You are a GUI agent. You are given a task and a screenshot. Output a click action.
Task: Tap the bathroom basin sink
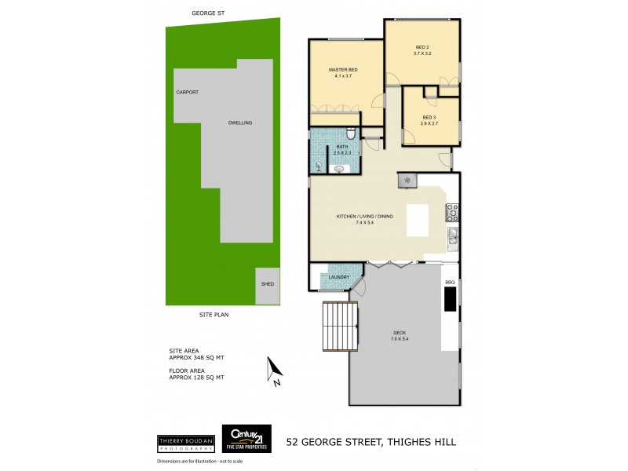tap(339, 168)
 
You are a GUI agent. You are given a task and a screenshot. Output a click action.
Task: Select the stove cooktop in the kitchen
tap(452, 212)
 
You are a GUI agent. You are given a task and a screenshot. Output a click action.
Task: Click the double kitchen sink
tap(452, 236)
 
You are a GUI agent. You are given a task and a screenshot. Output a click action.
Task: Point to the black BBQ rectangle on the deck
tap(450, 299)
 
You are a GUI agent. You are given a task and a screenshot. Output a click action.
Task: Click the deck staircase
tap(340, 325)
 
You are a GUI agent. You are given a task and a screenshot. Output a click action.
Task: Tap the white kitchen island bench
tap(417, 220)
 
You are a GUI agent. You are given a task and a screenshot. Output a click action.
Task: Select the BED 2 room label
tap(423, 47)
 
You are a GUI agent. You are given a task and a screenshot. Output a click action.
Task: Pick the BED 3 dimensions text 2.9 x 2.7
tap(428, 124)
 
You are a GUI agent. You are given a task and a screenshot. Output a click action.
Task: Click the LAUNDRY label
tap(339, 276)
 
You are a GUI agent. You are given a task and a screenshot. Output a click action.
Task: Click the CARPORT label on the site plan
tap(187, 93)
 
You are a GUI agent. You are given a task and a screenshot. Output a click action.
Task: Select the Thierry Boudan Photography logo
tap(186, 443)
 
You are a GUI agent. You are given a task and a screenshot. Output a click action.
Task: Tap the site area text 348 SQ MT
tap(197, 357)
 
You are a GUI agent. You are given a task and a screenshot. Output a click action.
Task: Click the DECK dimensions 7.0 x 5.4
tap(400, 338)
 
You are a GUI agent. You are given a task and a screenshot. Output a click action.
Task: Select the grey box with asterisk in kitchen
tap(407, 181)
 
